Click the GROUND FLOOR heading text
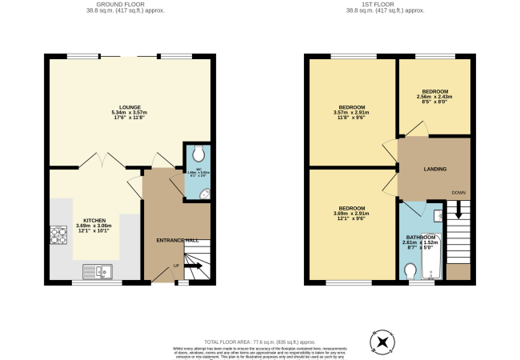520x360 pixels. pyautogui.click(x=130, y=4)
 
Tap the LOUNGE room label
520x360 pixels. pyautogui.click(x=130, y=106)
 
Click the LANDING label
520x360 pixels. pyautogui.click(x=435, y=169)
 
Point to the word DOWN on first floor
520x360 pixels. pyautogui.click(x=458, y=193)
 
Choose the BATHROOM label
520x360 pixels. pyautogui.click(x=421, y=237)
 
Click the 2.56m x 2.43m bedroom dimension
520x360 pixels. pyautogui.click(x=435, y=97)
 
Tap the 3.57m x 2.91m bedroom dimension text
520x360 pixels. pyautogui.click(x=352, y=113)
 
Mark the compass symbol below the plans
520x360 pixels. pyautogui.click(x=382, y=342)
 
